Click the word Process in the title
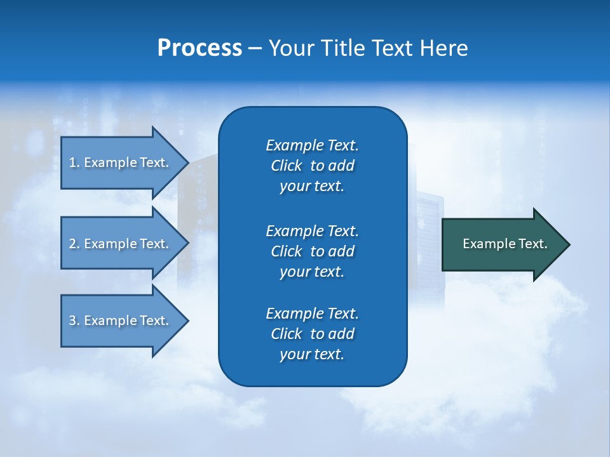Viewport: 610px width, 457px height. point(200,48)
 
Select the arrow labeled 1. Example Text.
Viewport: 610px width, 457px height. point(119,162)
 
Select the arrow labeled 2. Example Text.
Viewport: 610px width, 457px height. point(119,244)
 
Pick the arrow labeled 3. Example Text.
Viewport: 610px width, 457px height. point(119,321)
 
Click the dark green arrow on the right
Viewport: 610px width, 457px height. point(502,244)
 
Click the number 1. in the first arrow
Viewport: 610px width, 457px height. point(74,162)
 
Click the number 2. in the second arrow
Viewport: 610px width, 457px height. point(74,244)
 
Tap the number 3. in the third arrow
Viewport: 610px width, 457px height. point(74,321)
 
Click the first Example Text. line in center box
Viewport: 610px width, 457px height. point(312,145)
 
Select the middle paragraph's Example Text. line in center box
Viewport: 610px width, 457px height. point(312,230)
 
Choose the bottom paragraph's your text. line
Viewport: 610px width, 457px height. point(312,354)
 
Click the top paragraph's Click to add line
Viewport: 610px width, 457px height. point(312,166)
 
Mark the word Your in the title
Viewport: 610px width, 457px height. point(291,48)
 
